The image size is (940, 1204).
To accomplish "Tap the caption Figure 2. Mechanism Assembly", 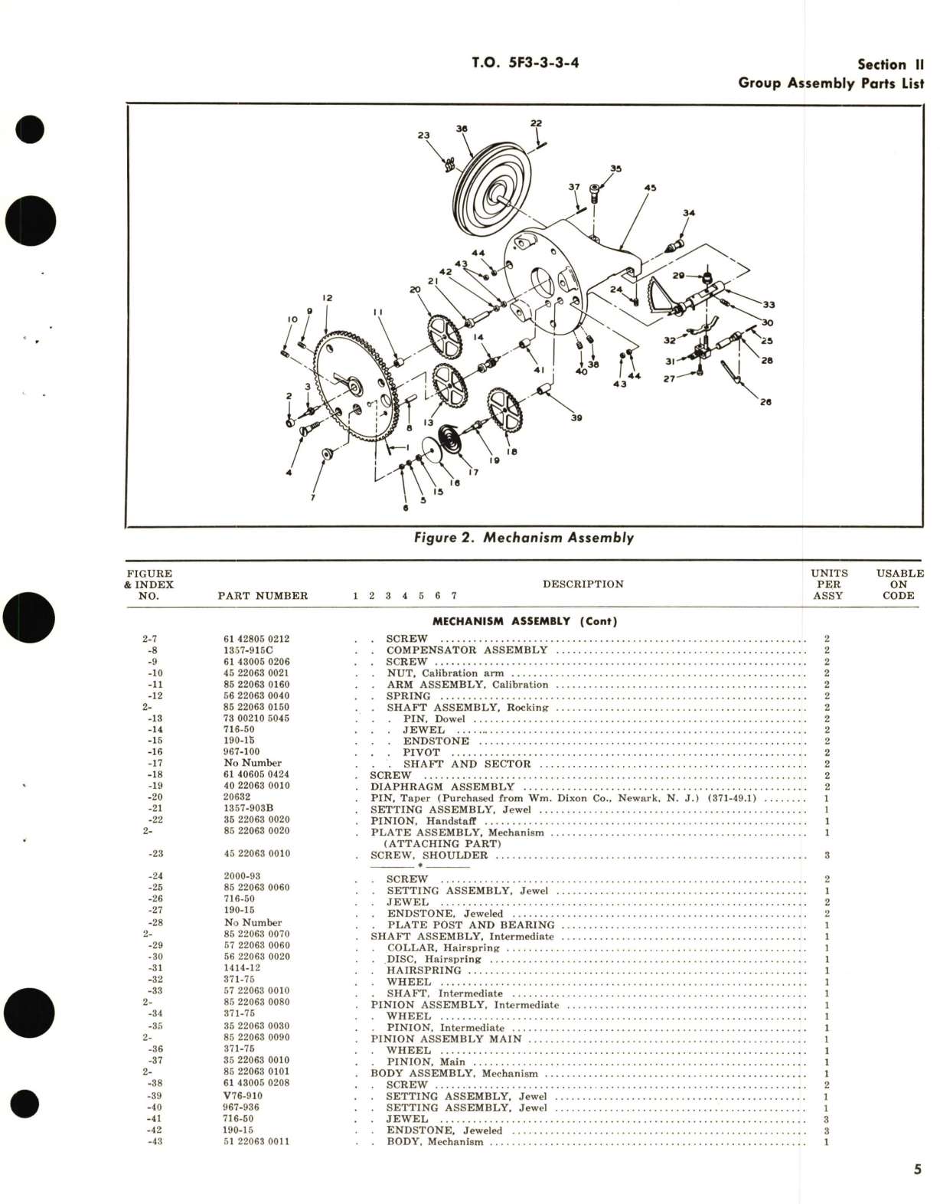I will [524, 538].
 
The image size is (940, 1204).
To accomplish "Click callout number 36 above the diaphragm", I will [462, 129].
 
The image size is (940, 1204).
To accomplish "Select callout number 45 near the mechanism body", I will [650, 187].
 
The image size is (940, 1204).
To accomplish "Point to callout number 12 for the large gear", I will [327, 298].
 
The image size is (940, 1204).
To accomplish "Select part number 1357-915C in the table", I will [248, 650].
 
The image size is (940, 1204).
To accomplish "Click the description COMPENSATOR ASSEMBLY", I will [467, 650].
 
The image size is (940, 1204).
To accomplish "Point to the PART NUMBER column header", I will [263, 596].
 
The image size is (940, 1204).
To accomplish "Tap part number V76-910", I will [243, 1096].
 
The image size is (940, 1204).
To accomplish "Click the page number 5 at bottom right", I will [916, 1169].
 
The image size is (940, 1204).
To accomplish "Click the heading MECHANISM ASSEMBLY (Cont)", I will [524, 621].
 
